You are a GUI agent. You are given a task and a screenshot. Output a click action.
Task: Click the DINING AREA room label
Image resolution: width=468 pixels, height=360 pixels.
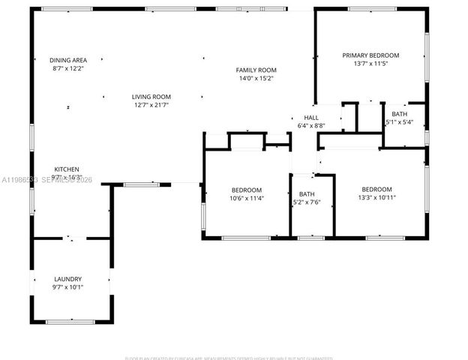point(68,60)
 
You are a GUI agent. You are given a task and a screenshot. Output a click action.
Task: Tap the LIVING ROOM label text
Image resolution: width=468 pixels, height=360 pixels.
point(151,97)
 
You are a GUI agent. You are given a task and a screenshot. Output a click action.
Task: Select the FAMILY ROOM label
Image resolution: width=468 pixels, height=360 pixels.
point(256,70)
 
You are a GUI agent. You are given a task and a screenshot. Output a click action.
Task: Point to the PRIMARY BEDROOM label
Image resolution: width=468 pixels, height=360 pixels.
point(370,55)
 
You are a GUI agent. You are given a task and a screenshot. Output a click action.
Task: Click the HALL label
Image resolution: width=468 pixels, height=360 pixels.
point(311,118)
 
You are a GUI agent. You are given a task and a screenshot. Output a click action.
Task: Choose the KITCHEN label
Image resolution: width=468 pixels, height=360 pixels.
point(67,169)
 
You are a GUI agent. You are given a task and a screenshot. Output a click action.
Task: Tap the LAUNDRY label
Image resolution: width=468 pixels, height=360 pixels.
point(68,279)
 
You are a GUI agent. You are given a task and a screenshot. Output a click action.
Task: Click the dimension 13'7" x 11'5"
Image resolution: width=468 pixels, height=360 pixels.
point(370,64)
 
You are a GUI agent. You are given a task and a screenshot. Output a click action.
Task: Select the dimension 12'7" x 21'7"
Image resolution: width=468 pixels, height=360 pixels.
point(151,105)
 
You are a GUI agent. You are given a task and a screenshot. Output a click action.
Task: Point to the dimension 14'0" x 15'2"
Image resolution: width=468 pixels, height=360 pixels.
point(256,78)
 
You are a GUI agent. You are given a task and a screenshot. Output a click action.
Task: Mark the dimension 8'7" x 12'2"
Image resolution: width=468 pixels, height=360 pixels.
point(68,68)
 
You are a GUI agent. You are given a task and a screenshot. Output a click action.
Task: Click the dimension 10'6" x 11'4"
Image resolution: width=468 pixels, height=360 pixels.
point(247,199)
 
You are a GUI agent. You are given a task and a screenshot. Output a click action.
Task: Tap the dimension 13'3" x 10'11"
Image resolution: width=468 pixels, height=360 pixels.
point(376,198)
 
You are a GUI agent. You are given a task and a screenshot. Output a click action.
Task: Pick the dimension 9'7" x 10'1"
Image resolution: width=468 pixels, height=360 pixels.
point(68,287)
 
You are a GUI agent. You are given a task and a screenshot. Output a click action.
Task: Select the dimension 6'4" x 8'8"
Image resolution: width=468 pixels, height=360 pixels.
point(311,126)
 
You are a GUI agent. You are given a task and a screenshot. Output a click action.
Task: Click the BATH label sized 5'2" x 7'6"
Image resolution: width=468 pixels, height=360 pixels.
point(307,194)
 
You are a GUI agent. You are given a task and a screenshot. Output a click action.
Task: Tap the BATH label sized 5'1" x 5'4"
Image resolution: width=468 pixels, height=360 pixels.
point(399,113)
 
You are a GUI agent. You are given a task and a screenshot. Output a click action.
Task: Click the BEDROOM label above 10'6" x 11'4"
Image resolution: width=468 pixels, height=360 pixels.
point(247,190)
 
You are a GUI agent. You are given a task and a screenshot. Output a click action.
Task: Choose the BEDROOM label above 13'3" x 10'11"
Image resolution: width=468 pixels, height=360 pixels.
point(376,189)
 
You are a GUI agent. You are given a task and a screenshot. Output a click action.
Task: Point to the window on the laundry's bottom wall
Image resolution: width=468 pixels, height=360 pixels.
point(70,322)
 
